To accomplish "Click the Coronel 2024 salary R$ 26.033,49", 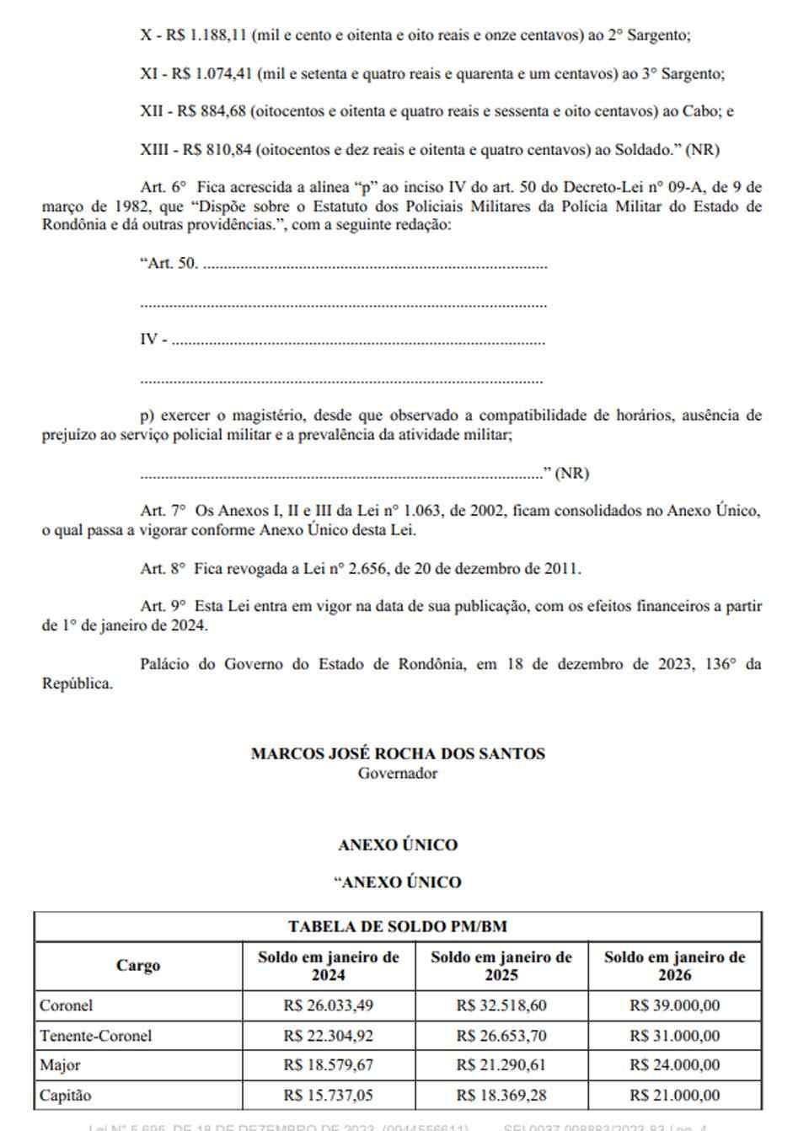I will (x=328, y=1005).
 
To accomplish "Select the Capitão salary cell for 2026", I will (x=674, y=1096).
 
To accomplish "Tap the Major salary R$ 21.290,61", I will (x=501, y=1065).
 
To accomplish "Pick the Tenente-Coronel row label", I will (x=95, y=1036).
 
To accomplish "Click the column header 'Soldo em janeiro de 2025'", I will (x=501, y=966).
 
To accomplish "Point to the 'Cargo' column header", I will (x=138, y=966).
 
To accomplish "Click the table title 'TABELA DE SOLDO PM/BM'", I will (x=398, y=926).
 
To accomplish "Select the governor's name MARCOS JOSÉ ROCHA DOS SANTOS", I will (x=398, y=753).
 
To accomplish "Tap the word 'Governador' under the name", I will (x=398, y=773).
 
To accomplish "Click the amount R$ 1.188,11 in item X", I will (x=206, y=35).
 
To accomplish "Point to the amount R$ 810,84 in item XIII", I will (x=217, y=150).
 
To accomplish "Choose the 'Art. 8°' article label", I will (x=163, y=569).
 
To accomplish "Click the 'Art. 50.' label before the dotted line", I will (x=169, y=263).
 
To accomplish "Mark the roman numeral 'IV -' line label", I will (x=153, y=340).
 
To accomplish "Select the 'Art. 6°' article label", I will (x=163, y=187).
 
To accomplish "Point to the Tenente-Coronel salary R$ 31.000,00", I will (x=674, y=1036).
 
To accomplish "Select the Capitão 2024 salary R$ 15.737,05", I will (x=328, y=1096).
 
